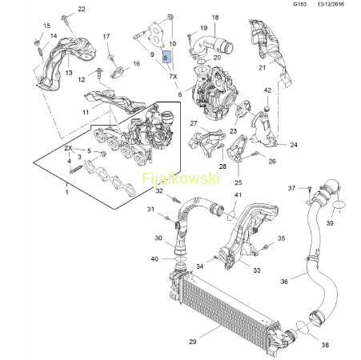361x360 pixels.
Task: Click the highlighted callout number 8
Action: (166, 57)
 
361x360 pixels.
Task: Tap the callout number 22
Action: (82, 9)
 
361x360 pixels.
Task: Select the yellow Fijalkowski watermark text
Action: (181, 178)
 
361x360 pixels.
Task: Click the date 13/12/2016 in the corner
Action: (331, 4)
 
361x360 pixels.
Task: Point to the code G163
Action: (300, 4)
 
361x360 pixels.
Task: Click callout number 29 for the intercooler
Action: (193, 342)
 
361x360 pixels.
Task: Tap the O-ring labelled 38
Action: (303, 327)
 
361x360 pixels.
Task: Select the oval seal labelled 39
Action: (339, 205)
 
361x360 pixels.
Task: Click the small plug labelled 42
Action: (267, 109)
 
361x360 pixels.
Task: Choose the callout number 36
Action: (284, 282)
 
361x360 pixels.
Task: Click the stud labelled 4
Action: (76, 170)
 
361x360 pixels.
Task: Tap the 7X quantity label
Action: (173, 76)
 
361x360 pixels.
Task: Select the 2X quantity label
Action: (68, 148)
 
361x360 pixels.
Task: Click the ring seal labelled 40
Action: (181, 258)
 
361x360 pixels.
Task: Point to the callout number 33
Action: (257, 270)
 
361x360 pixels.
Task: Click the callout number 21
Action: (263, 68)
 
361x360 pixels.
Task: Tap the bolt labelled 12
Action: (98, 74)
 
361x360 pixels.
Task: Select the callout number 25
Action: (239, 182)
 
